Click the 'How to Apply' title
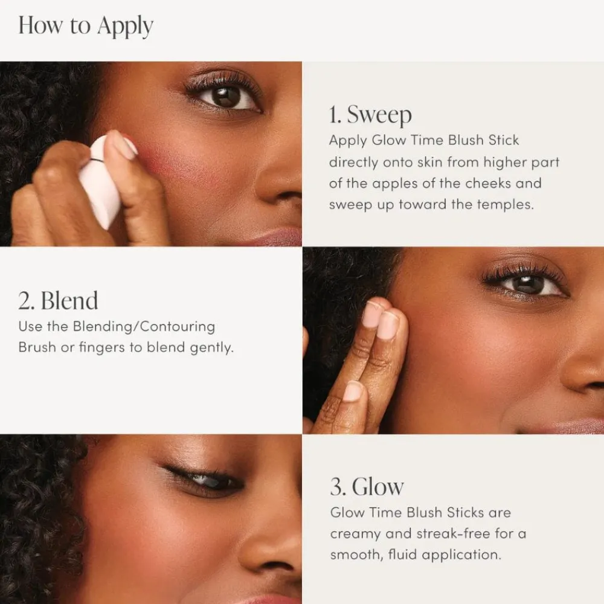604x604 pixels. pos(86,27)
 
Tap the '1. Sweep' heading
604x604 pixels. pos(370,114)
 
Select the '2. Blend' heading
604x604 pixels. pos(58,300)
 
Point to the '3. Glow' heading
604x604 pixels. pos(367,486)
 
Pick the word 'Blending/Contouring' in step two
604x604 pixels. pos(144,326)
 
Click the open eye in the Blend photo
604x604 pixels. pos(527,284)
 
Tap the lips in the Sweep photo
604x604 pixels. pos(275,237)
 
